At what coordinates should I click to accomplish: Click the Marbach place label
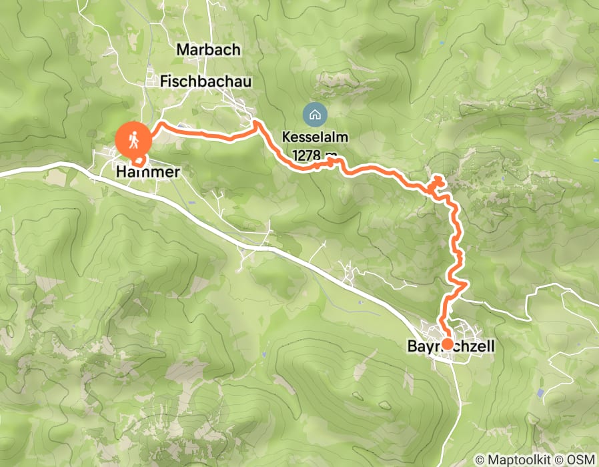(208, 49)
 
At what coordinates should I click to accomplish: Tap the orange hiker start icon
(133, 139)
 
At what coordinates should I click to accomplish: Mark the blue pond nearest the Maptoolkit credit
(540, 394)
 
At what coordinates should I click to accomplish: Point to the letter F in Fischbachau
(165, 81)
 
